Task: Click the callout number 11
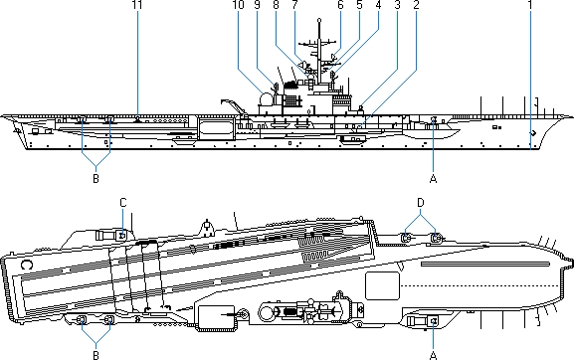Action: (137, 5)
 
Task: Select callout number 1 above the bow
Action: (530, 5)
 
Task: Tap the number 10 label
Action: (239, 5)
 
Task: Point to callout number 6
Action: (340, 5)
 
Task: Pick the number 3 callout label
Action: (398, 5)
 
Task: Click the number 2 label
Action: (416, 5)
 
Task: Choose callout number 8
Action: (276, 5)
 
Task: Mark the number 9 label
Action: (257, 5)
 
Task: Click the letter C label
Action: (123, 202)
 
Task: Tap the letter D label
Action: (421, 202)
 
